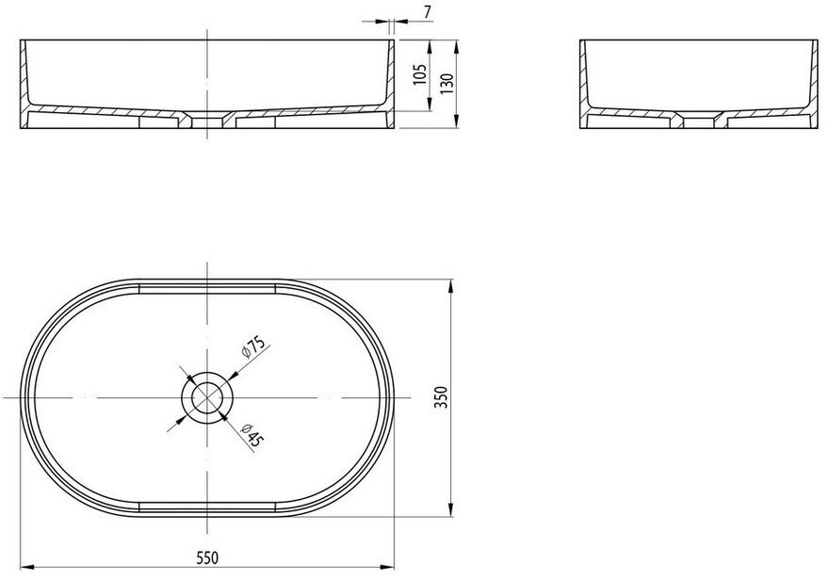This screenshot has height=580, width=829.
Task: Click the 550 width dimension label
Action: (x=206, y=557)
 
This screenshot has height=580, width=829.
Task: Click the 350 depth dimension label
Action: (x=442, y=397)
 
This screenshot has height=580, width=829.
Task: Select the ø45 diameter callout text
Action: (x=252, y=436)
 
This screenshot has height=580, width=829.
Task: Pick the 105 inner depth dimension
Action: (x=419, y=74)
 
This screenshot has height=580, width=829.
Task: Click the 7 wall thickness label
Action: (x=427, y=9)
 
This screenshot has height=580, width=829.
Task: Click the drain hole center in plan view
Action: (x=206, y=397)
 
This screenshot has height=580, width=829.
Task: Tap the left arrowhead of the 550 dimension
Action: (x=27, y=568)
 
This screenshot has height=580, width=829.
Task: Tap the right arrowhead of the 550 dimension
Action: (x=387, y=568)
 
